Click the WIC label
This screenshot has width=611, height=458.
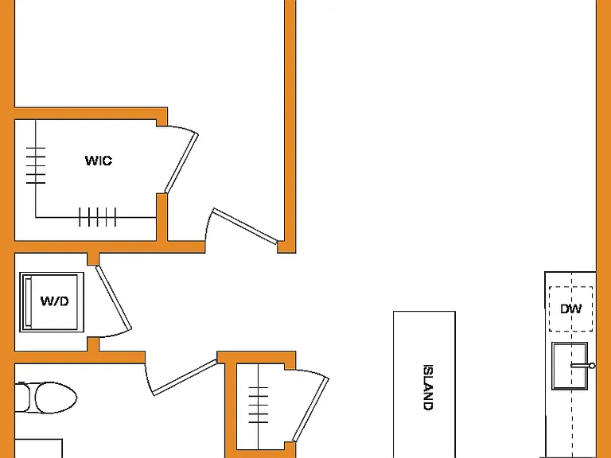click(x=99, y=161)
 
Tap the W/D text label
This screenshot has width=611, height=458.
click(x=55, y=301)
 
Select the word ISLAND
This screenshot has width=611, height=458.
click(x=428, y=387)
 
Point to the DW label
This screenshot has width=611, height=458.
click(x=571, y=309)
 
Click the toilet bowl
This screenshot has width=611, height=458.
click(x=56, y=398)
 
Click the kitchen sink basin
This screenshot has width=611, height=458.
click(x=570, y=366)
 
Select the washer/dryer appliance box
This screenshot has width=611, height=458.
click(x=52, y=302)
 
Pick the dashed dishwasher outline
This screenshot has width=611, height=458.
click(x=571, y=309)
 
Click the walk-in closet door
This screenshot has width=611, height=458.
click(x=181, y=163)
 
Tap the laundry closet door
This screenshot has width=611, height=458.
click(x=114, y=297)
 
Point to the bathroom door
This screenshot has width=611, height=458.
click(x=185, y=378)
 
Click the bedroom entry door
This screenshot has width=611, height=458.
click(x=245, y=227)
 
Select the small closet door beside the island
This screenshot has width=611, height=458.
click(x=310, y=409)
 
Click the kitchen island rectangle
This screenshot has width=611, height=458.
click(x=424, y=384)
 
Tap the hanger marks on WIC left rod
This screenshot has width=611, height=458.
click(x=36, y=165)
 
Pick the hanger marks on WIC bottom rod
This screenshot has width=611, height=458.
click(x=97, y=217)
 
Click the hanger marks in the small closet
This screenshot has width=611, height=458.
click(x=259, y=405)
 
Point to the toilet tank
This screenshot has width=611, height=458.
click(x=22, y=398)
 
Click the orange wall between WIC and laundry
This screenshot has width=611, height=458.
click(x=86, y=247)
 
